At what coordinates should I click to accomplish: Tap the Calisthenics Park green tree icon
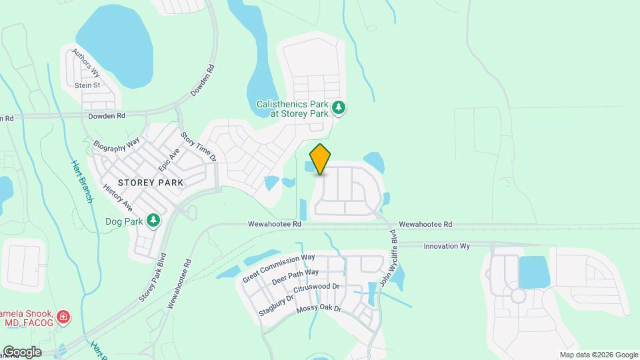339,107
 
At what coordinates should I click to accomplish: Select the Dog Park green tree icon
154,219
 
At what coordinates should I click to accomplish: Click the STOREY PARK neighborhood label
150,181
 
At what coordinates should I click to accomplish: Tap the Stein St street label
87,85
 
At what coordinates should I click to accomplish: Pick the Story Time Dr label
198,147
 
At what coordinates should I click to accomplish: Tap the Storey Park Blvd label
152,277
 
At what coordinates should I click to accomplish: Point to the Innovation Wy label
447,246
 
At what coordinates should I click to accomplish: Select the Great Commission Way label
279,267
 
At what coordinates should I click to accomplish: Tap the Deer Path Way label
295,277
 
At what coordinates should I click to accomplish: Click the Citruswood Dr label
317,287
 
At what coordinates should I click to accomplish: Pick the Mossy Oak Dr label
319,309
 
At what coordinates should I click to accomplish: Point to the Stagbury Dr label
276,301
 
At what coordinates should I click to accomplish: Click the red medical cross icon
63,317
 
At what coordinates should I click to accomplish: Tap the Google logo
22,351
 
